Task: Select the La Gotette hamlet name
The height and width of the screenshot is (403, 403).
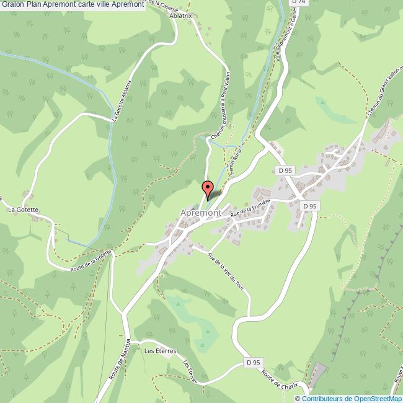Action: click(24, 210)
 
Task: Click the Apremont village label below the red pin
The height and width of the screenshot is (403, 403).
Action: click(201, 213)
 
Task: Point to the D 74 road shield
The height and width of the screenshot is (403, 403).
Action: click(299, 2)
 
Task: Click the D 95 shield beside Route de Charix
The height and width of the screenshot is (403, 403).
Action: click(252, 362)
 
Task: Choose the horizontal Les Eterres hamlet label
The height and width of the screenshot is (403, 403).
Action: click(160, 350)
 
